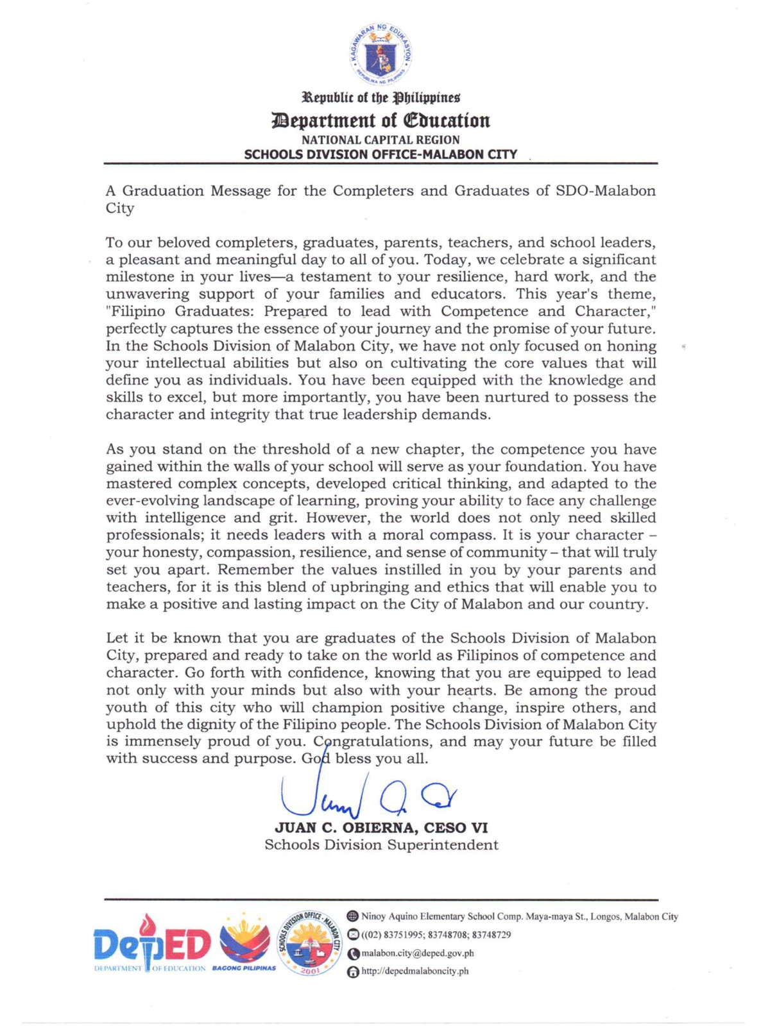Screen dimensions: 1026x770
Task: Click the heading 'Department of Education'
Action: tap(381, 121)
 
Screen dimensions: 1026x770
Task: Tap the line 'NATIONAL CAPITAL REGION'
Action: tap(381, 140)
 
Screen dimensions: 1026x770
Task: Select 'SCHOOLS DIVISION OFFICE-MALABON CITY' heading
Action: tap(381, 155)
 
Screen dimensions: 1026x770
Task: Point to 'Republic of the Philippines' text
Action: tap(381, 98)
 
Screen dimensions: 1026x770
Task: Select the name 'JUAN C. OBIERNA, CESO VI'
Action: tap(381, 828)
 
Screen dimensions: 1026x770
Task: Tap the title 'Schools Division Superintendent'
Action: tap(381, 845)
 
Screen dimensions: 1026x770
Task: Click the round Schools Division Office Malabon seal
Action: tap(310, 943)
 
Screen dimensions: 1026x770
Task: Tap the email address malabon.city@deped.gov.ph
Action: tap(417, 954)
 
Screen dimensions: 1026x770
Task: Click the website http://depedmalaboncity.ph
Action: tap(415, 971)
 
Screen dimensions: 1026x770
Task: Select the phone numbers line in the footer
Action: tap(436, 935)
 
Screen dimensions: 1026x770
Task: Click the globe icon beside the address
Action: tap(352, 917)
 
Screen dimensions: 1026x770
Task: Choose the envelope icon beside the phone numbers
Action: tap(352, 935)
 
